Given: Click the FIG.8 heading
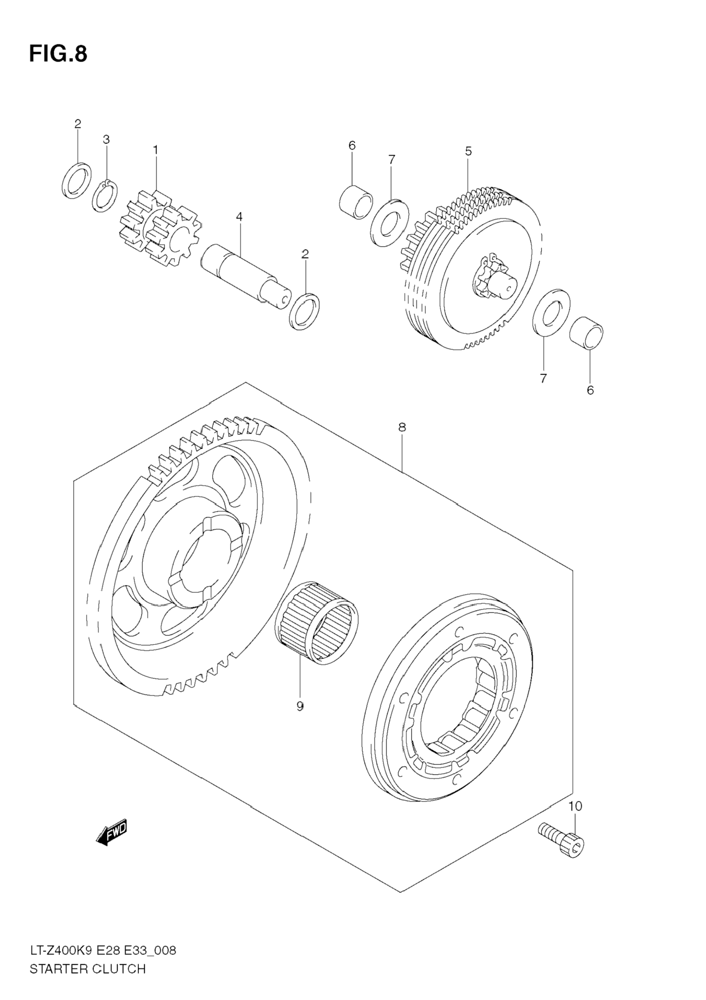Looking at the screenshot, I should click(x=58, y=54).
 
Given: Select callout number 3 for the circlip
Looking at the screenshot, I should click(x=106, y=139).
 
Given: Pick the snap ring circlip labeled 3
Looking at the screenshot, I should click(x=104, y=197).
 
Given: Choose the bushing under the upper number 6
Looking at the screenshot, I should click(x=356, y=202).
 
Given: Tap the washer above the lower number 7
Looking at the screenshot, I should click(x=551, y=312).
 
